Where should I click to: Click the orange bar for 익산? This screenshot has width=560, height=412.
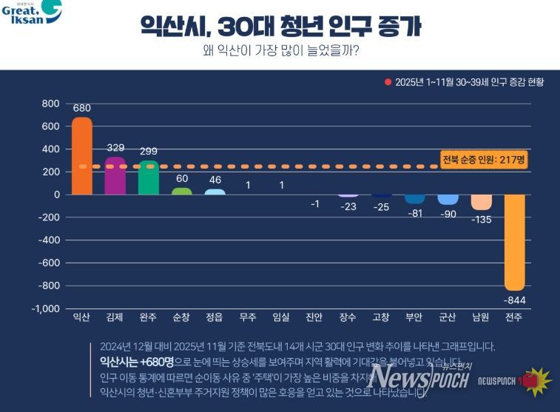click(x=82, y=156)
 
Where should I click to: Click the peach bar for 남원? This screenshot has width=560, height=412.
click(x=482, y=202)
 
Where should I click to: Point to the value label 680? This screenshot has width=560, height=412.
click(x=82, y=108)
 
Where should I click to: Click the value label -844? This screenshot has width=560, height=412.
click(x=515, y=299)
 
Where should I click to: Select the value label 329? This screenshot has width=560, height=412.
click(x=115, y=148)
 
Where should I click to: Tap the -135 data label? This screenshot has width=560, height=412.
click(x=482, y=219)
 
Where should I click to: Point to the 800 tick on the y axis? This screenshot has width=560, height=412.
click(x=51, y=104)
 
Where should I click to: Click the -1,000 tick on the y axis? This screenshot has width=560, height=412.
click(x=46, y=308)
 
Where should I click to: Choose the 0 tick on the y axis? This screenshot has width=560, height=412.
click(x=56, y=195)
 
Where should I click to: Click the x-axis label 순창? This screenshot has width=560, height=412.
click(x=181, y=317)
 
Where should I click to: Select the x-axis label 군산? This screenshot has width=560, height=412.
click(x=448, y=317)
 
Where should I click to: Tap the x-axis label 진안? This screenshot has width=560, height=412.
click(x=314, y=317)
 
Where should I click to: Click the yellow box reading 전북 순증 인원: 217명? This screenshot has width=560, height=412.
click(x=483, y=160)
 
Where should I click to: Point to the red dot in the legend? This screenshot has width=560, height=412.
click(x=388, y=82)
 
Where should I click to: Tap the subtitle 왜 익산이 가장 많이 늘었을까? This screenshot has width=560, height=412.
click(x=280, y=51)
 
